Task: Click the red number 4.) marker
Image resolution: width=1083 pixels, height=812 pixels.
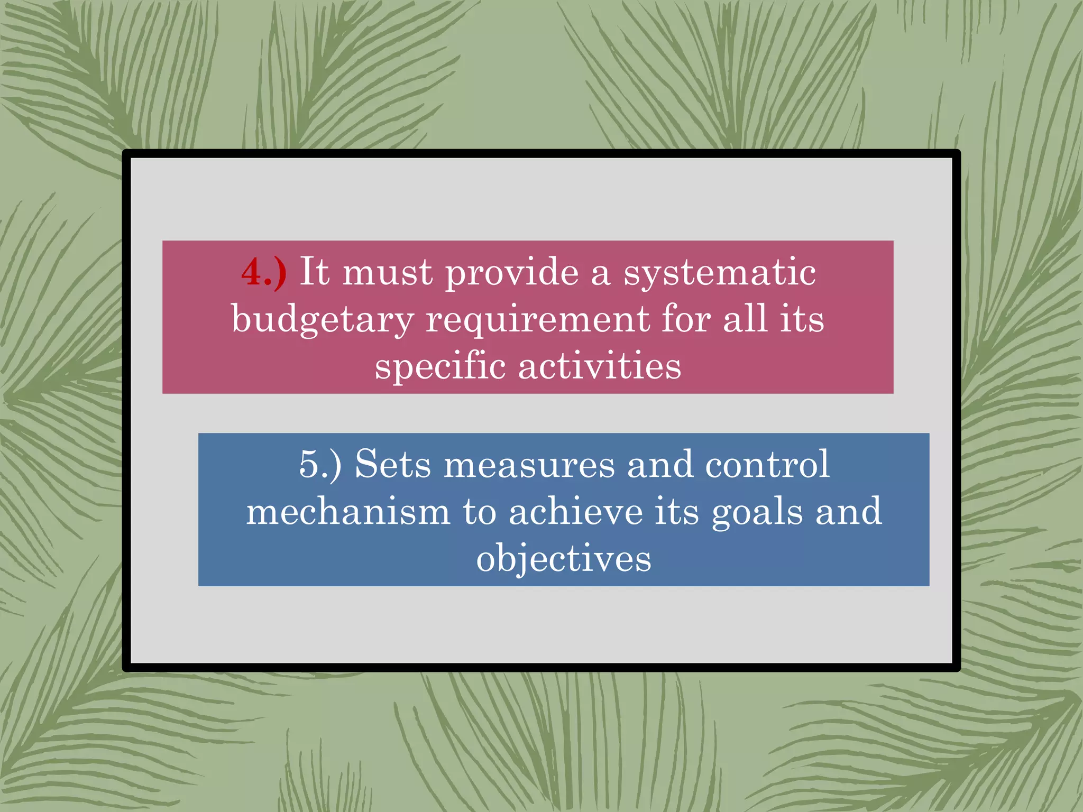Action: pyautogui.click(x=264, y=273)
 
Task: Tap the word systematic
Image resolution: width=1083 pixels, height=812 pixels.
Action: pyautogui.click(x=720, y=273)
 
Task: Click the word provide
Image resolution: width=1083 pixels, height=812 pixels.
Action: pyautogui.click(x=511, y=273)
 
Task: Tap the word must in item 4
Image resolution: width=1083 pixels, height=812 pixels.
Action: pyautogui.click(x=388, y=273)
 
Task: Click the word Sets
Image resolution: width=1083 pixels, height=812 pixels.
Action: pyautogui.click(x=393, y=464)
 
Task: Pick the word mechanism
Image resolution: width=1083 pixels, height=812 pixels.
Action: pyautogui.click(x=348, y=512)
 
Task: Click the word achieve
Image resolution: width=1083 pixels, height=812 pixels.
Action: pyautogui.click(x=575, y=512)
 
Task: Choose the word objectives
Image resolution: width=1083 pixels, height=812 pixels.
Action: pyautogui.click(x=564, y=559)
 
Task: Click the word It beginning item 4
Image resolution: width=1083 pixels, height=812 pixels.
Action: pyautogui.click(x=315, y=272)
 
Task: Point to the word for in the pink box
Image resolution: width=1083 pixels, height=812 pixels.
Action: pyautogui.click(x=686, y=319)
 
